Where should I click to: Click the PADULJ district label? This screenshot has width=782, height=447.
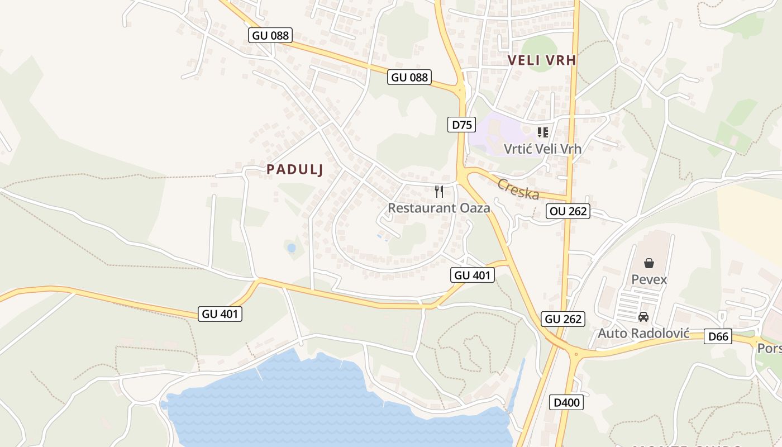(295, 169)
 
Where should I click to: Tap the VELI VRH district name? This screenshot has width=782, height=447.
(541, 60)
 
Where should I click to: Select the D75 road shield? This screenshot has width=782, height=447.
(461, 125)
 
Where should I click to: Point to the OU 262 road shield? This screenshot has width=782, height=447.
(568, 211)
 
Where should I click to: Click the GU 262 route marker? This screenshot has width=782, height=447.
(563, 319)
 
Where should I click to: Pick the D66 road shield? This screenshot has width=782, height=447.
(718, 336)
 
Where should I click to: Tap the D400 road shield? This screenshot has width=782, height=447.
(566, 402)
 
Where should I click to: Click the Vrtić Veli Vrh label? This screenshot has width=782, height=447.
(542, 149)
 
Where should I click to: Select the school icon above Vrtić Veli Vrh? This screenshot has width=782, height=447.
(542, 132)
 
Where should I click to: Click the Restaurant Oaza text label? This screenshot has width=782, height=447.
(439, 208)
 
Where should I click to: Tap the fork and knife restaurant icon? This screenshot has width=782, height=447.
(439, 192)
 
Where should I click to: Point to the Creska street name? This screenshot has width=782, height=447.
(518, 189)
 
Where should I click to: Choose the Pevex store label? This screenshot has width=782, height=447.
(649, 279)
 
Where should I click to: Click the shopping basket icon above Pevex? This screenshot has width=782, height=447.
(649, 263)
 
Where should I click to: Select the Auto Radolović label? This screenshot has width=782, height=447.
(643, 334)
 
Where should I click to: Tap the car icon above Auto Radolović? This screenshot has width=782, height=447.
(643, 317)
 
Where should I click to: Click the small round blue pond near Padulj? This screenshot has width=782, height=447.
(291, 248)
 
